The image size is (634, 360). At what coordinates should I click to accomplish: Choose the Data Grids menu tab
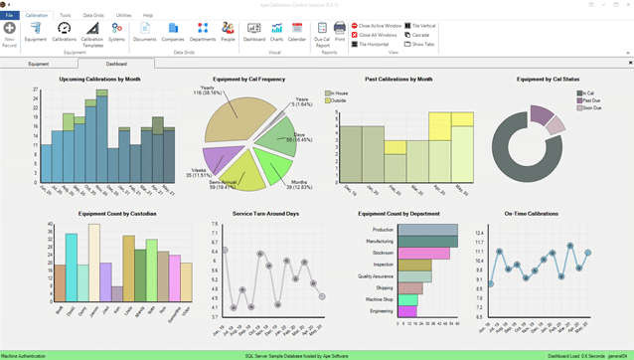[92, 16]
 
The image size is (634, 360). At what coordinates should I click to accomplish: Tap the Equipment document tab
[39, 63]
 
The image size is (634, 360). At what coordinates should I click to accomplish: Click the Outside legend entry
[339, 100]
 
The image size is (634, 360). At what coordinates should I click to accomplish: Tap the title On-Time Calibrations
[530, 213]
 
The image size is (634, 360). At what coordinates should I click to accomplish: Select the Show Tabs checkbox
[407, 44]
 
